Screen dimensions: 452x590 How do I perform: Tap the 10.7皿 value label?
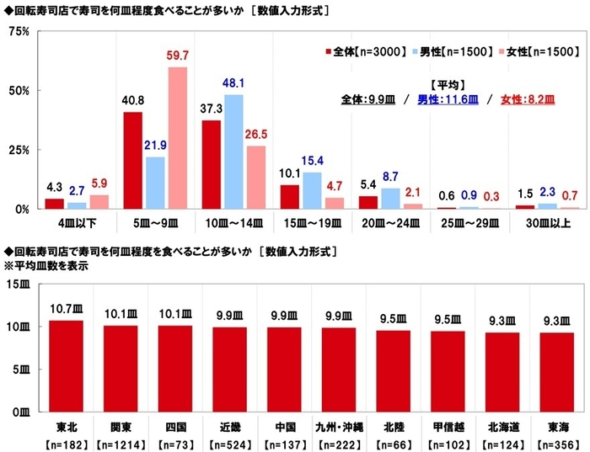[x=66, y=311]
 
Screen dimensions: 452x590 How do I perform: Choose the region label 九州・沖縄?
[x=339, y=426]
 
